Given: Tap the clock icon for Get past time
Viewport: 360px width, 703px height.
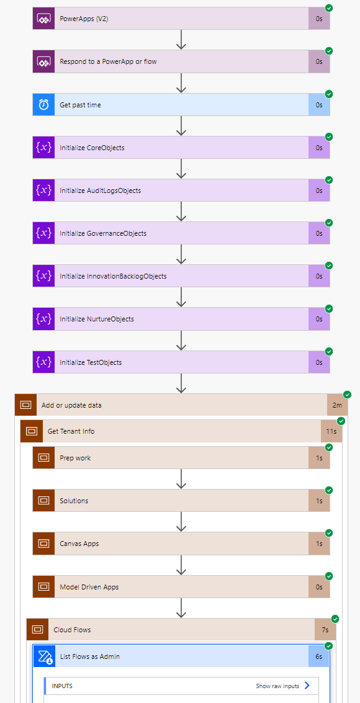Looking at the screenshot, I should (x=43, y=105).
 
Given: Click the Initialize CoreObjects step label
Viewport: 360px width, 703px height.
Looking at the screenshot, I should (x=92, y=148).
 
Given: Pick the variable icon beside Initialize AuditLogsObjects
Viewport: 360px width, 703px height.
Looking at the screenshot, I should (x=43, y=190).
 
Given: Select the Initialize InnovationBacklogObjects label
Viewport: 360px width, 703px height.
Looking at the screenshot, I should (x=113, y=276).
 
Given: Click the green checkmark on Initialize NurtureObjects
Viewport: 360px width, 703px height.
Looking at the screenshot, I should (x=329, y=308).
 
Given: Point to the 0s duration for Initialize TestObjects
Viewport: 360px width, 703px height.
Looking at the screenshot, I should (x=319, y=362).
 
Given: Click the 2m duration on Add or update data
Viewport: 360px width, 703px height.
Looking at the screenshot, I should (x=337, y=405).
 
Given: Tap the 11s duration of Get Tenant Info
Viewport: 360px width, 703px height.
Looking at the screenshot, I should (x=331, y=431).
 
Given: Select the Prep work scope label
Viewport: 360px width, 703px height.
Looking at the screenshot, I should (x=75, y=458).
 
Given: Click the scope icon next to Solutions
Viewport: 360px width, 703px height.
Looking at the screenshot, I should (x=43, y=501).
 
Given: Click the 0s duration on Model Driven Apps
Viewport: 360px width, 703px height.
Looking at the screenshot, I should (x=319, y=587).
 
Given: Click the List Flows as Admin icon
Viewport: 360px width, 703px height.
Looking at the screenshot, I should (x=43, y=656).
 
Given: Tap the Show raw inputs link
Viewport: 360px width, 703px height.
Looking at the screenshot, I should (x=277, y=686).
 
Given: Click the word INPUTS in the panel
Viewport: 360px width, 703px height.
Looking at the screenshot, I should (x=62, y=686).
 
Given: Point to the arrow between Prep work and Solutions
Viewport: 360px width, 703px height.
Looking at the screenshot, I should (x=181, y=479).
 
